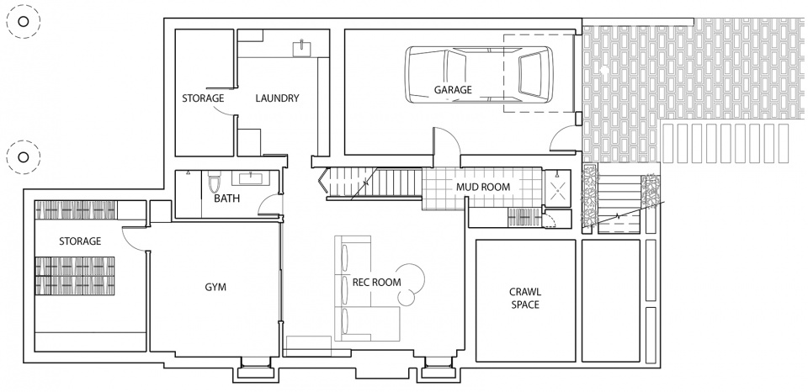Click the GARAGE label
[x=453, y=90]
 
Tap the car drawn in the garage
[x=479, y=75]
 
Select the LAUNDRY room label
[x=277, y=98]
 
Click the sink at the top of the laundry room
[x=302, y=49]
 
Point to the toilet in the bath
[x=214, y=181]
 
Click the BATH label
[x=226, y=199]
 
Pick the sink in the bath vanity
[x=251, y=178]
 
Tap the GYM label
[x=215, y=288]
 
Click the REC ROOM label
[x=377, y=283]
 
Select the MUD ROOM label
[x=483, y=187]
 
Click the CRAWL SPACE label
[x=525, y=299]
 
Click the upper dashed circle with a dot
[x=24, y=21]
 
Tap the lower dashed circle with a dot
[x=24, y=156]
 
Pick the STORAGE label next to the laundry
[x=203, y=98]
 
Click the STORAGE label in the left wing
[x=80, y=241]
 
